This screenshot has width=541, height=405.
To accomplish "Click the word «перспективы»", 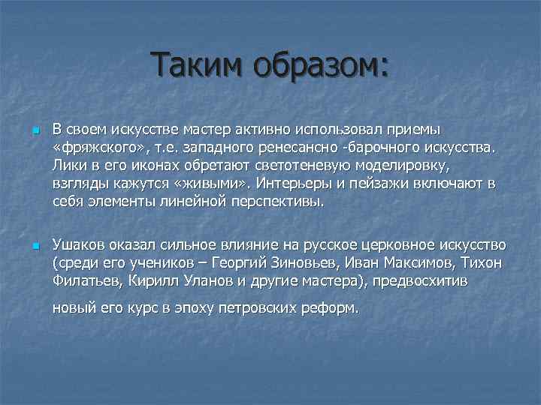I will tap(279, 202).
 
